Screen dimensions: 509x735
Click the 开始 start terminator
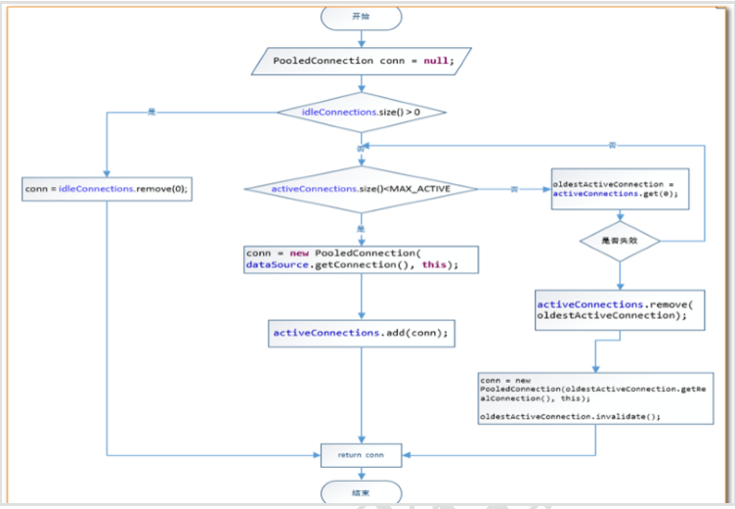coord(361,17)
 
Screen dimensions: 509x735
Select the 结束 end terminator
coord(361,492)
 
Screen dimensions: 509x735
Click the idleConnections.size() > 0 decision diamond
coord(362,113)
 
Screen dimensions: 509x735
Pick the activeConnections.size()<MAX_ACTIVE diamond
coord(362,188)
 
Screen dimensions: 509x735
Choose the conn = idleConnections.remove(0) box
coord(106,188)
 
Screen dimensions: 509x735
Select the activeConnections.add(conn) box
coord(361,333)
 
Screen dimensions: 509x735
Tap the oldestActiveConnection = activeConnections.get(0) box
coord(614,188)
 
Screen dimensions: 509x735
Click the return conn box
coord(361,455)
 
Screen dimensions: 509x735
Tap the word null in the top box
coord(436,61)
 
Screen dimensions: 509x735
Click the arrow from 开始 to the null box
coord(361,37)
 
